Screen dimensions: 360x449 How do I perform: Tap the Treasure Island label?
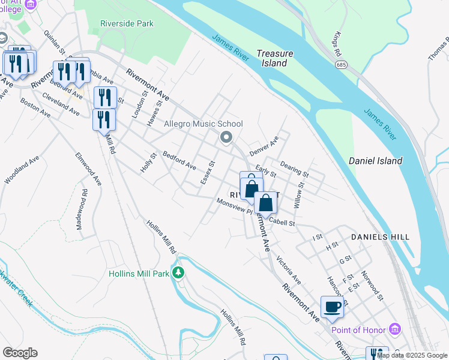[x=275, y=58]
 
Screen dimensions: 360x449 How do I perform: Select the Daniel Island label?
[x=376, y=161]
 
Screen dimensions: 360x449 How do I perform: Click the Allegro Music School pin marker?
[x=226, y=138]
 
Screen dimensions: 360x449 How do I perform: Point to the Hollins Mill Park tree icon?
[x=178, y=273]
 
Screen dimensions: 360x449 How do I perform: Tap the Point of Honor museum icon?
[x=394, y=329]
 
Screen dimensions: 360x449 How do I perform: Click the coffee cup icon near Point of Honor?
[x=333, y=307]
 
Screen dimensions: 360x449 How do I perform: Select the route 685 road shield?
[x=340, y=64]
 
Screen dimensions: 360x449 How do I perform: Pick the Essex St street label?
[x=207, y=173]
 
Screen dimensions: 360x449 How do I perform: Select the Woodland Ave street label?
[x=22, y=170]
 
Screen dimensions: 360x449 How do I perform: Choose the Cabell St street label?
[x=283, y=222]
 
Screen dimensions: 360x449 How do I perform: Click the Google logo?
[x=20, y=353]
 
